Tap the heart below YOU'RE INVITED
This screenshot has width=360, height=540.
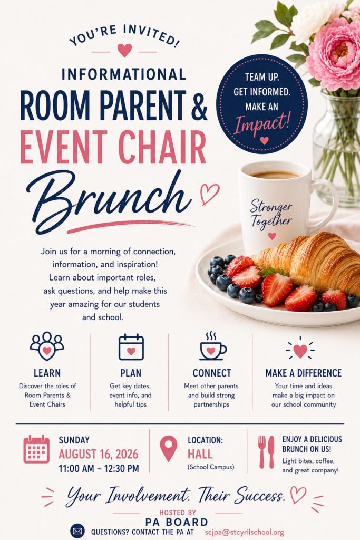coord(124,50)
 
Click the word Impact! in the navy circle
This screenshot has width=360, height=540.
coord(262,122)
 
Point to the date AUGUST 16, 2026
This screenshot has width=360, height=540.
coord(99,454)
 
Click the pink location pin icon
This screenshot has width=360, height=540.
coord(169,448)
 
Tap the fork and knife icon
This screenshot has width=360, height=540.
coord(266,452)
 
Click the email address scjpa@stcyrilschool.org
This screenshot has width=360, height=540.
coord(245,532)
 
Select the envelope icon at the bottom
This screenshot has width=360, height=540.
coord(77,532)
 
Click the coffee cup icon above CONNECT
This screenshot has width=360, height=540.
coord(213,346)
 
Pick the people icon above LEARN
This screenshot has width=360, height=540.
coord(47,346)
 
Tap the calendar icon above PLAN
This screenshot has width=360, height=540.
coord(131,347)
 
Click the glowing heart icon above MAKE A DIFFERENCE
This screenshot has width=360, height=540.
coord(300,349)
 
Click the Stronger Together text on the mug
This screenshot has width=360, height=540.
coord(271,214)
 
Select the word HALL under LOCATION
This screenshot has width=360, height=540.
coord(200,454)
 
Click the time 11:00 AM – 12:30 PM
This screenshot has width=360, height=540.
coord(99,469)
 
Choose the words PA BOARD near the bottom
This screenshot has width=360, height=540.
coord(177,522)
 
